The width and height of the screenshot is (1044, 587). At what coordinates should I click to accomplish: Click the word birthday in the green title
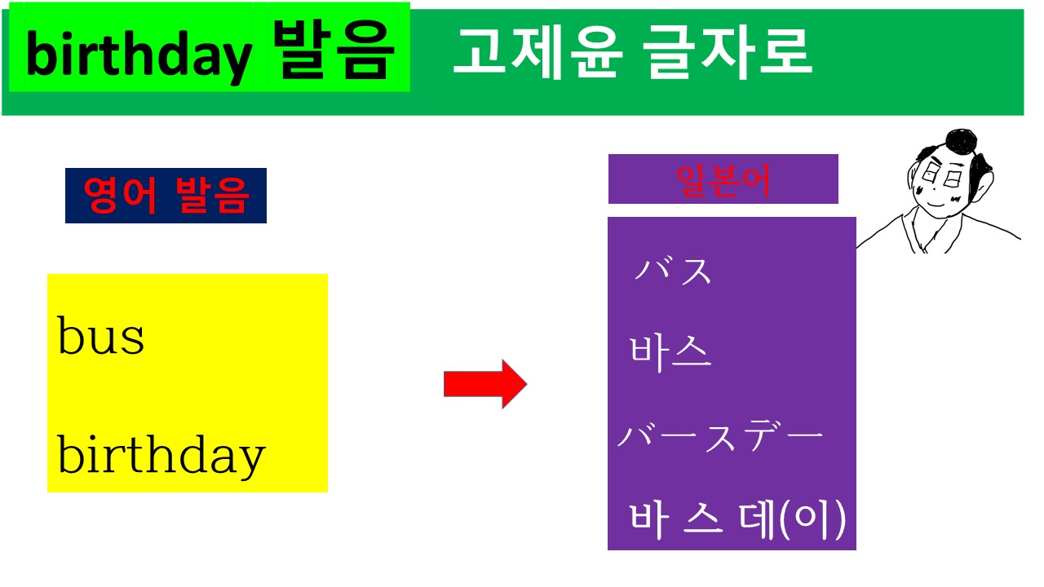[x=139, y=56]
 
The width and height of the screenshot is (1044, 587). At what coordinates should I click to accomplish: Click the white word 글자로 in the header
[x=728, y=53]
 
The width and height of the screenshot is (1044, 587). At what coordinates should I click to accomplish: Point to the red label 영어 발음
[x=166, y=196]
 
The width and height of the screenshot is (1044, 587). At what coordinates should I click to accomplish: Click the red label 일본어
[x=723, y=179]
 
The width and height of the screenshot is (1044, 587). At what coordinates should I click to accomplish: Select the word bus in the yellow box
[x=101, y=336]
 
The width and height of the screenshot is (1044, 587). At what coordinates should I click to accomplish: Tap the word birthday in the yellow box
[x=161, y=455]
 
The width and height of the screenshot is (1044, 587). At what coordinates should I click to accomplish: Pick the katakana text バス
[x=674, y=271]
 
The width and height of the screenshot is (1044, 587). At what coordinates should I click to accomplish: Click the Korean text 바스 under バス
[x=670, y=353]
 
